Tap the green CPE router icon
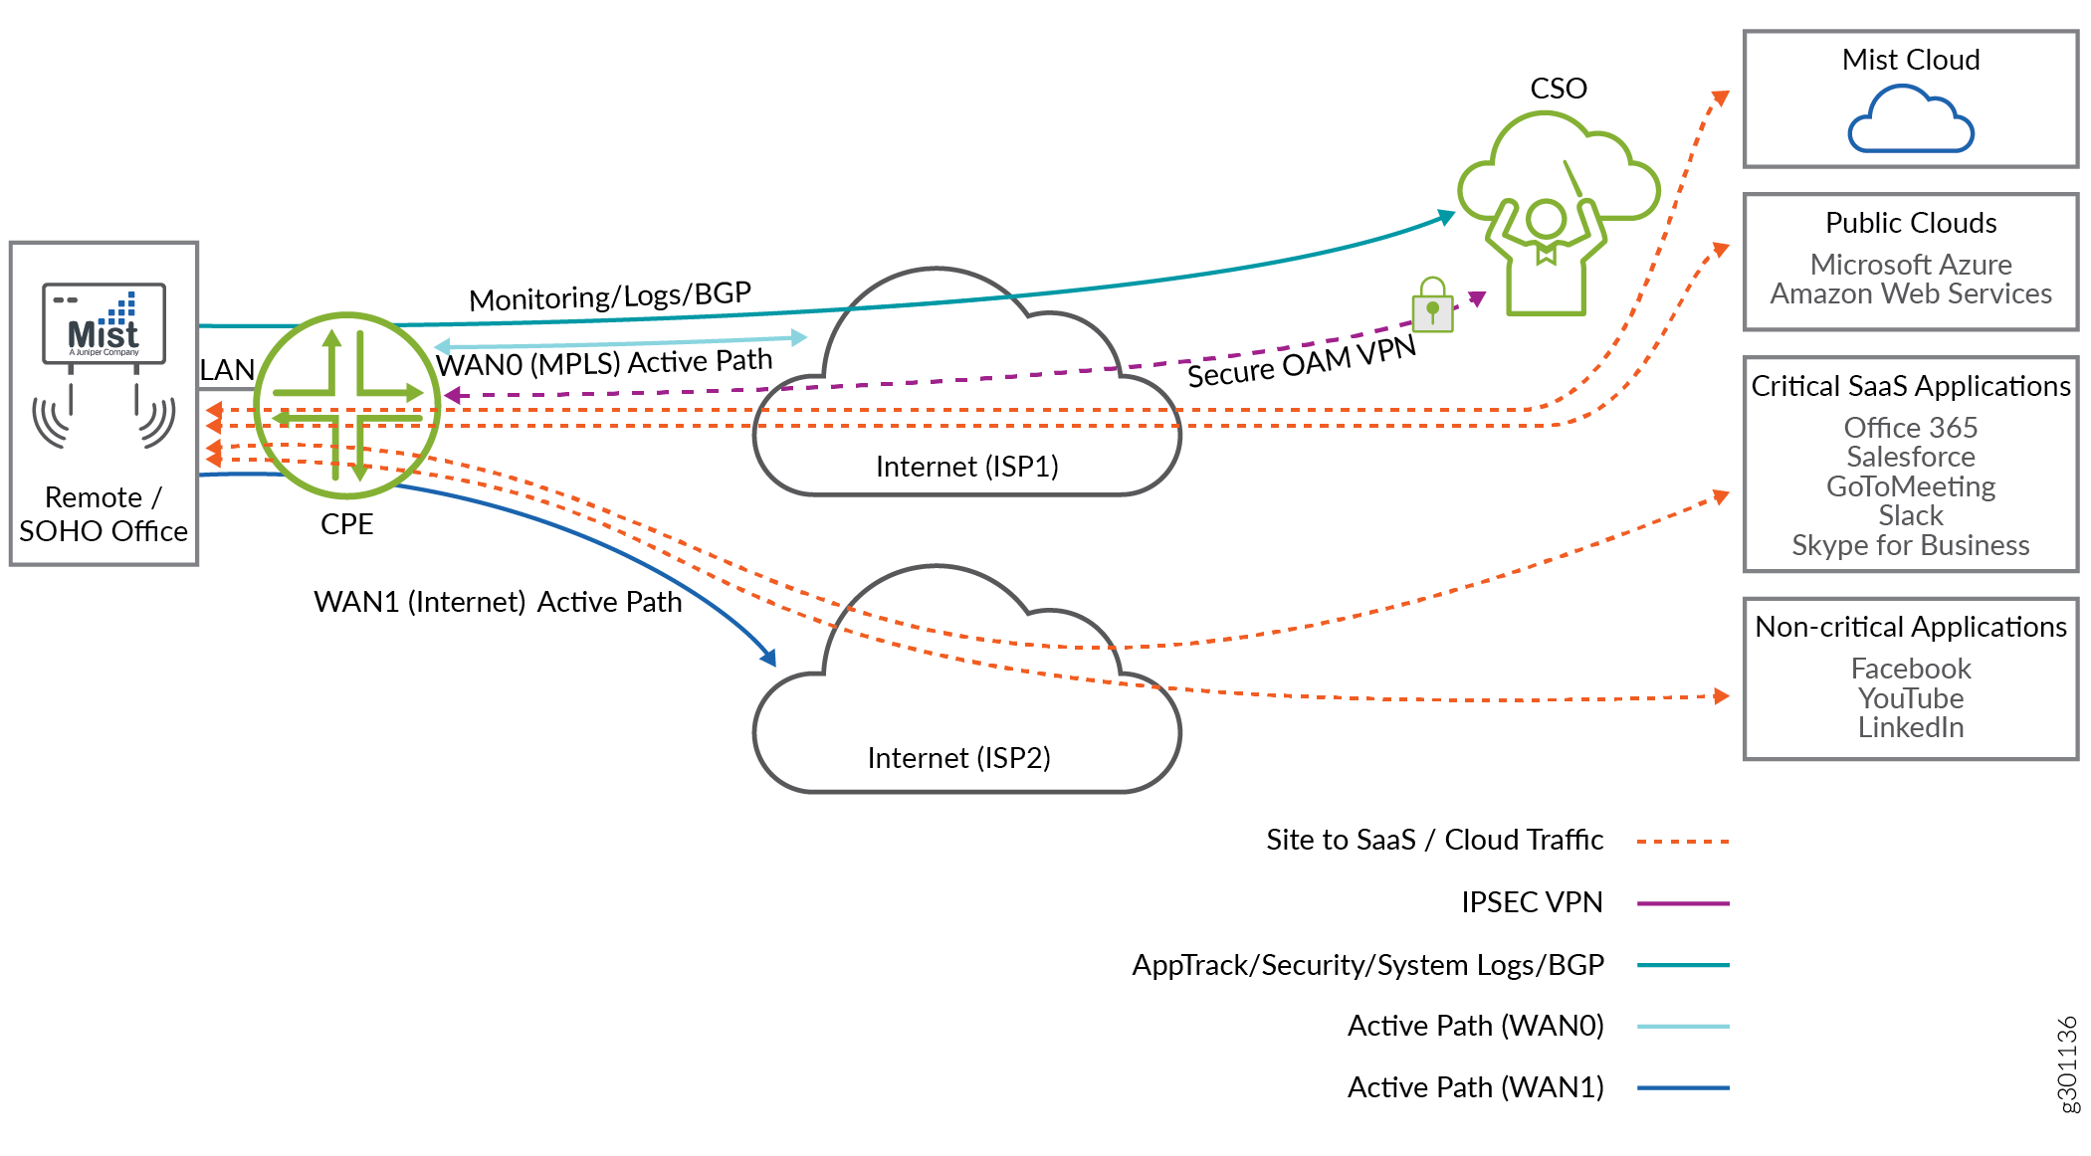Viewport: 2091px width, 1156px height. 347,405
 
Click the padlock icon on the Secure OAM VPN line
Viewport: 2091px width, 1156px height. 1432,305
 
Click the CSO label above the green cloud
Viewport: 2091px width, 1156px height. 1558,89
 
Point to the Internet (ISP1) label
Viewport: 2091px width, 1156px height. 966,467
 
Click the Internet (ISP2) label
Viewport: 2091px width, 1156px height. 958,758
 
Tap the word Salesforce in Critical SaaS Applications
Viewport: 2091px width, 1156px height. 1910,457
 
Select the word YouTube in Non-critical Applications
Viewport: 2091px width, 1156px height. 1910,698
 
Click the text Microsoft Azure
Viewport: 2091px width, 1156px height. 1910,265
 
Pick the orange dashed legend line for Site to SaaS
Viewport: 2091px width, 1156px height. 1682,842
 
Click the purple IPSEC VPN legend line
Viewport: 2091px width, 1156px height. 1682,903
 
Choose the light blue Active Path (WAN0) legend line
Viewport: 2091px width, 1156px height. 1682,1026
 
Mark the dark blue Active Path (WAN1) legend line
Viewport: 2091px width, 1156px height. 1682,1087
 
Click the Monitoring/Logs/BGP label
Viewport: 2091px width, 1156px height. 609,296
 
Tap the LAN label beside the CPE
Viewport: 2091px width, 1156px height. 227,370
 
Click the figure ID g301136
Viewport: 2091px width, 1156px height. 2067,1063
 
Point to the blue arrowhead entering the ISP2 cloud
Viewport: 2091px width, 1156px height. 769,658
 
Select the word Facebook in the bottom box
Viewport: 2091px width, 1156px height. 1910,669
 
